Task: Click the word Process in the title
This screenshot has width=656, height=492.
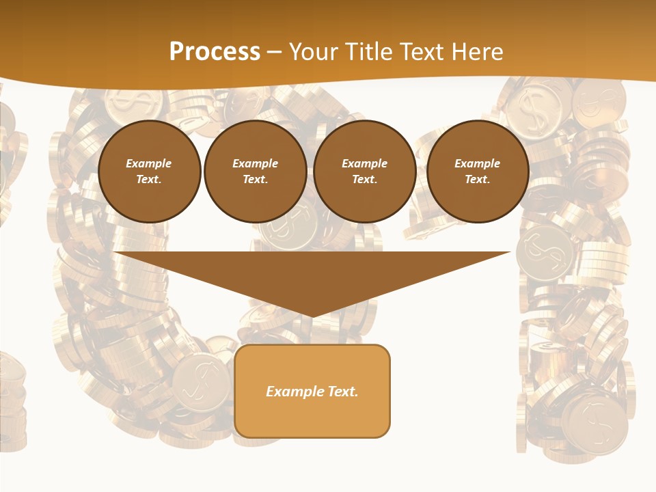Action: (x=215, y=52)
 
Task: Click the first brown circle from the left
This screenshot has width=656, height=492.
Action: (x=149, y=172)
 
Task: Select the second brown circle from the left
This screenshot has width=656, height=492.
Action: (x=255, y=172)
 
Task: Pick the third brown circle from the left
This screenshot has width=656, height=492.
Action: (x=364, y=172)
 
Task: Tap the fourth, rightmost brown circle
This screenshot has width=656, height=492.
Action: (x=477, y=172)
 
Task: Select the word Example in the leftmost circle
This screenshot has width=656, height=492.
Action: (x=149, y=163)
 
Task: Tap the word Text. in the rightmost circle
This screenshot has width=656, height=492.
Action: (x=477, y=180)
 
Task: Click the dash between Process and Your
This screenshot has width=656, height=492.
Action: (x=275, y=52)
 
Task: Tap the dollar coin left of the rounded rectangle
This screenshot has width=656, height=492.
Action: (x=200, y=383)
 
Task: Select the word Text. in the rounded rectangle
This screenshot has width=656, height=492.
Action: (x=342, y=392)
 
